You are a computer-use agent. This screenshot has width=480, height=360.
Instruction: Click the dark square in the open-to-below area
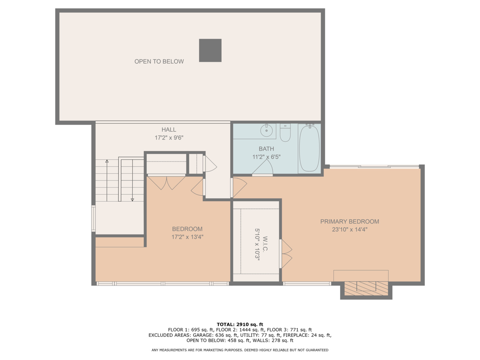coord(210,50)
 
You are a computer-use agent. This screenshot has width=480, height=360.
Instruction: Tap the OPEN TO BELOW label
coord(159,61)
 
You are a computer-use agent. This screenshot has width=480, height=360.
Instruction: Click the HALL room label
coord(169,130)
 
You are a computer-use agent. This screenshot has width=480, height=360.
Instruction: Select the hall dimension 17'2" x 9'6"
coord(169,138)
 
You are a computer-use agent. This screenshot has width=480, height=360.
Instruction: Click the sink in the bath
coord(266,130)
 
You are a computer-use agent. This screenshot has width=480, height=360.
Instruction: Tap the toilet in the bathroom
coord(285,133)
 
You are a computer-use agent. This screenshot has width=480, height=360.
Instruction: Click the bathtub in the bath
coord(309,148)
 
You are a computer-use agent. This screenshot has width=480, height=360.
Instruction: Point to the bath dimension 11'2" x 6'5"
coord(266,157)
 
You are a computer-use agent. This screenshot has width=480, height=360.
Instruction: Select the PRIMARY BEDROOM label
coord(349,221)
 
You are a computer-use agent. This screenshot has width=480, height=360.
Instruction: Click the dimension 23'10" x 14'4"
coord(349,229)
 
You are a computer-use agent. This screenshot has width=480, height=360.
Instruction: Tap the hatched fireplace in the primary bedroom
coord(366,288)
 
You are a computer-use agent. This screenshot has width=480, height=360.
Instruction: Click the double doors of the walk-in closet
coord(286,253)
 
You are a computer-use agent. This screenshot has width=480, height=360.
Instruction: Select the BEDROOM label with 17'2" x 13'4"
coord(187,229)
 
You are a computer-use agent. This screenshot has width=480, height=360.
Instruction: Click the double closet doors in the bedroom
coord(166,182)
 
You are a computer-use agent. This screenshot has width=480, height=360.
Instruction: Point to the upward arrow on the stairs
coord(107,162)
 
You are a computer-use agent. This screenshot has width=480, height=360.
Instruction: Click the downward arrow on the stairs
coord(132,199)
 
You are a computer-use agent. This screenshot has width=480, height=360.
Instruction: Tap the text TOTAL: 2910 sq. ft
coord(240,324)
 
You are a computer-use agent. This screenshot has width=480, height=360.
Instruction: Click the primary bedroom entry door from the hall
coord(239,188)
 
